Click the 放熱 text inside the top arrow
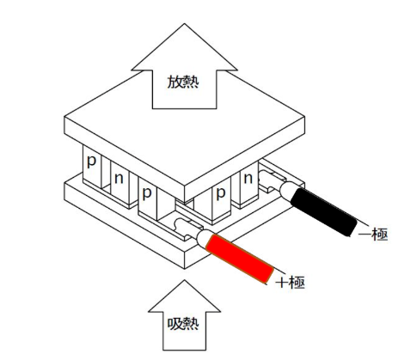click(183, 82)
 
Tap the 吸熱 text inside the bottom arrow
click(183, 324)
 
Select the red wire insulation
click(240, 259)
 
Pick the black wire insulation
click(324, 212)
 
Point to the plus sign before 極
click(282, 283)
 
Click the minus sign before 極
click(364, 235)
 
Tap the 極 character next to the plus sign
click(297, 283)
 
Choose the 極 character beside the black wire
click(380, 235)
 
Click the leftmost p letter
click(91, 162)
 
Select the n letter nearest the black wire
click(248, 179)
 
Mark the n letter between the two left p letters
click(119, 179)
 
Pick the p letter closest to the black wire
click(221, 193)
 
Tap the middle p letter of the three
click(147, 192)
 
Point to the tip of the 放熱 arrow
click(184, 23)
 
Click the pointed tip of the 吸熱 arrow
click(184, 280)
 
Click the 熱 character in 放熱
click(191, 82)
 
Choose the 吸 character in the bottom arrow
click(175, 324)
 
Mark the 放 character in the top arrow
click(175, 82)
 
